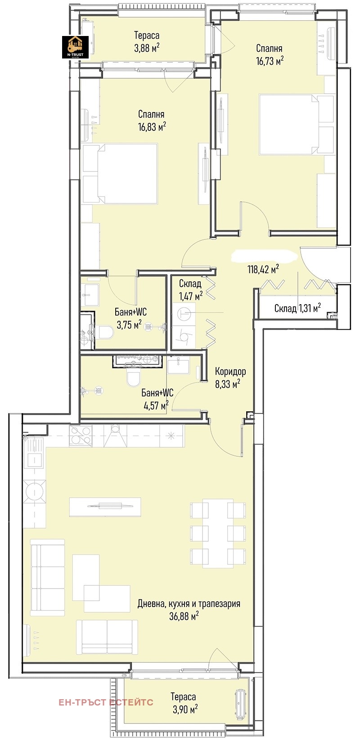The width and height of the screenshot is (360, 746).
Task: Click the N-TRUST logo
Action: pos(75,47)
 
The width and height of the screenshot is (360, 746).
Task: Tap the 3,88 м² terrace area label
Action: pos(147,48)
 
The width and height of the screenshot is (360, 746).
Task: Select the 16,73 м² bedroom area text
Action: pos(270,61)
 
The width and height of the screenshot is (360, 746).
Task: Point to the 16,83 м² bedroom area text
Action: pos(152,127)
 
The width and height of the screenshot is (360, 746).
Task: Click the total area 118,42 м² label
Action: pos(263,269)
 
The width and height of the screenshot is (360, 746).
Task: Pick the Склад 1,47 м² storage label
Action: pos(190,290)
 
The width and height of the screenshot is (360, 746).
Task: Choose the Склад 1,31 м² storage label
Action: pos(297,308)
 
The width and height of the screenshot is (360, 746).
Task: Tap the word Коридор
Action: pos(230,371)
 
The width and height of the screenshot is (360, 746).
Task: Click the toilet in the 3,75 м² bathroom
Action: pos(104,332)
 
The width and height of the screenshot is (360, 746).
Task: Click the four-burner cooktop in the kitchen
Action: pos(80,436)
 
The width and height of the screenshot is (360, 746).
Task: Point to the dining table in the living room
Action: pos(218,533)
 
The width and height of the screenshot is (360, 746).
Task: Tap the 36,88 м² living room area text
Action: pos(184,616)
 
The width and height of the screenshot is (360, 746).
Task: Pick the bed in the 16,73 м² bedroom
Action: pos(297,125)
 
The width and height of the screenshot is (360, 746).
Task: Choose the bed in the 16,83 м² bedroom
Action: pos(120,173)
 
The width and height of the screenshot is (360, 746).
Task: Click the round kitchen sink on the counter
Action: pos(35,492)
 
